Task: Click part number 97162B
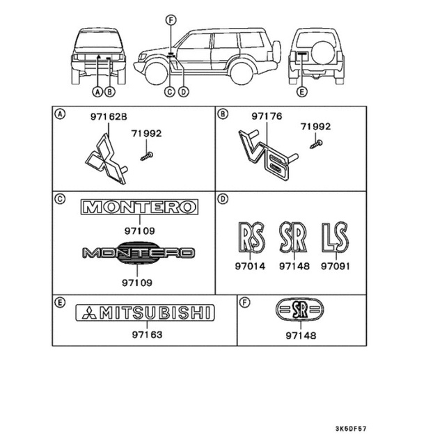tap(109, 118)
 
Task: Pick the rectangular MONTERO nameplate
tap(139, 207)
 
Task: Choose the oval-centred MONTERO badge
tap(138, 254)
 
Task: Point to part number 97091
tap(335, 265)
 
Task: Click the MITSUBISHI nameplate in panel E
tap(145, 313)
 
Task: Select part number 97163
tap(146, 335)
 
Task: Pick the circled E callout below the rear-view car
tap(301, 91)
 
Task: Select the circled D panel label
tap(223, 198)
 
